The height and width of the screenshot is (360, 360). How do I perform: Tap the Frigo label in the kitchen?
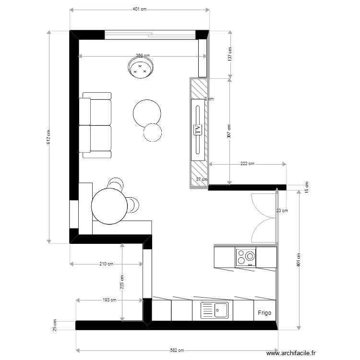(264, 312)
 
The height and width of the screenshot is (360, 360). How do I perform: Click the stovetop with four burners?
(245, 257)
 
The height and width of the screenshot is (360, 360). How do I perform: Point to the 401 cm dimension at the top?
(140, 9)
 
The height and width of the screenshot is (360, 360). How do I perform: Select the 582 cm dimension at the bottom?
(177, 350)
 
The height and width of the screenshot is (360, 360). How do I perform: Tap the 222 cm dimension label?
(247, 164)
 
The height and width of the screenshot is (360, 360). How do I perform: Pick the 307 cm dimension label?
(229, 131)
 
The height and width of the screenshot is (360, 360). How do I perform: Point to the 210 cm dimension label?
(107, 264)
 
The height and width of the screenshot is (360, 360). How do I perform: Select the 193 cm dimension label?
(109, 300)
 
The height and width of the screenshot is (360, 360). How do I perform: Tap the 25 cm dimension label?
(54, 325)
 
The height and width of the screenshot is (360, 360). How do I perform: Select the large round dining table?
(109, 206)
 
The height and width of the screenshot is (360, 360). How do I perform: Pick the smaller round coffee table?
(153, 132)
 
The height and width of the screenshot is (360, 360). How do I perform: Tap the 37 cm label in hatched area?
(202, 180)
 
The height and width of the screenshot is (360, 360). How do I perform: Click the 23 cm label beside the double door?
(282, 210)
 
